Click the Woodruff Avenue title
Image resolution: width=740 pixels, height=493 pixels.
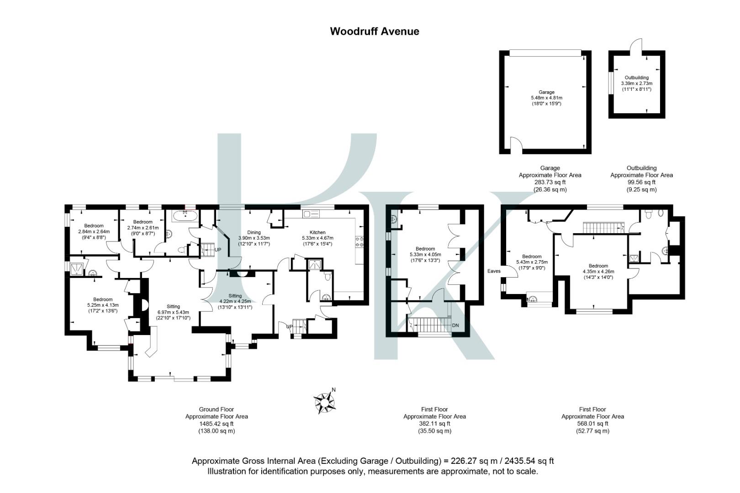click(374, 31)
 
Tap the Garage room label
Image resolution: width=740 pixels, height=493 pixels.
click(546, 92)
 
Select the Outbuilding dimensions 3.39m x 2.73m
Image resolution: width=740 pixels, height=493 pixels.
click(636, 84)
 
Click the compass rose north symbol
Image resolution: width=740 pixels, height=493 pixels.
click(325, 402)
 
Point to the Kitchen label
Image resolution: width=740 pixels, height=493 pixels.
click(317, 232)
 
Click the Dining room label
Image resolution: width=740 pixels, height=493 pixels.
click(254, 232)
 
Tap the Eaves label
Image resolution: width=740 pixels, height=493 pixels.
click(494, 271)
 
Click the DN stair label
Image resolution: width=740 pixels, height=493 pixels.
click(455, 325)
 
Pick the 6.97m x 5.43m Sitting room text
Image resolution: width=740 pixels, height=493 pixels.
click(173, 312)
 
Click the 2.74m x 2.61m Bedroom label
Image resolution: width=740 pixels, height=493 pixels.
click(143, 228)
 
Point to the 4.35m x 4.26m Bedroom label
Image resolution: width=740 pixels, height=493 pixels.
click(598, 272)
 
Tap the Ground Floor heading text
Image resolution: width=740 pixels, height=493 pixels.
click(217, 409)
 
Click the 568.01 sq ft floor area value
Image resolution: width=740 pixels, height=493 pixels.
click(592, 424)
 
